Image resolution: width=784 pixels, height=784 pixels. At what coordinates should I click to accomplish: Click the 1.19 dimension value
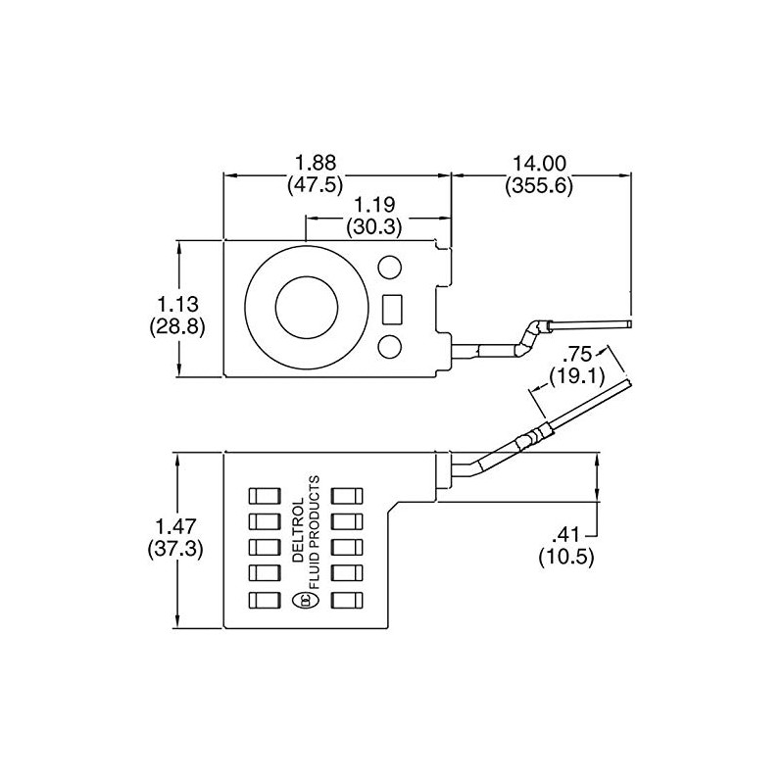tap(374, 206)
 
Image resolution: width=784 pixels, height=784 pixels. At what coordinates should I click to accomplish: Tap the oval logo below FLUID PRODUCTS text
tap(302, 601)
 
